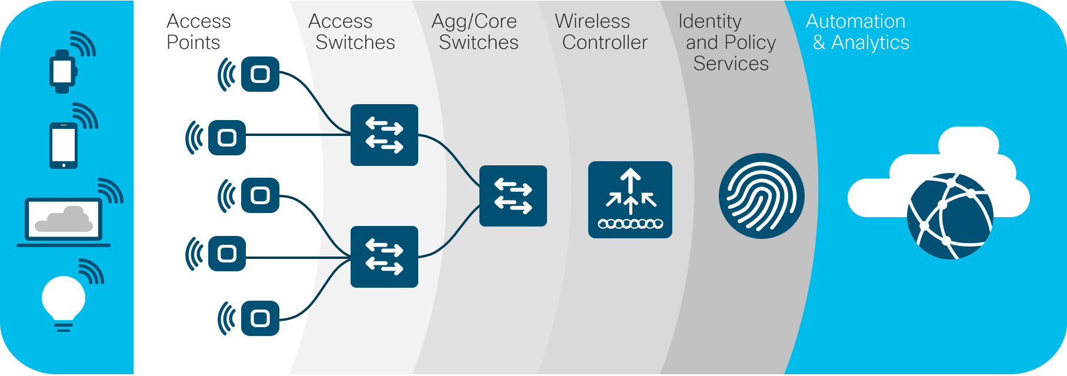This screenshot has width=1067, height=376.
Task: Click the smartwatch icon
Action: click(62, 71)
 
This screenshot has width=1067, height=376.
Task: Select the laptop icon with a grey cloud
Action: click(64, 221)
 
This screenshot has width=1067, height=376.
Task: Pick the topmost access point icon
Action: click(260, 74)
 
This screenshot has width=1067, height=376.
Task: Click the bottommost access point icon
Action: click(260, 318)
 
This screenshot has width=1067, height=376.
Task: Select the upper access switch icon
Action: click(384, 135)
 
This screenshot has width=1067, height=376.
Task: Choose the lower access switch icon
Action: click(384, 257)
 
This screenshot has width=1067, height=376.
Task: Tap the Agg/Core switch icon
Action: click(513, 196)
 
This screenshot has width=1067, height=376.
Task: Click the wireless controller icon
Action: click(630, 199)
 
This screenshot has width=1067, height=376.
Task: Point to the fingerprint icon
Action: click(761, 196)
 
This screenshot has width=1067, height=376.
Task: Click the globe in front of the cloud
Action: click(949, 217)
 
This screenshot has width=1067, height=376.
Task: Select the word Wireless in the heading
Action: click(592, 21)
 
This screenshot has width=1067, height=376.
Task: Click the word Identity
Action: click(710, 21)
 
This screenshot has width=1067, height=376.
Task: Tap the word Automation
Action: click(855, 21)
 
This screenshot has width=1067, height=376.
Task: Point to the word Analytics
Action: click(870, 42)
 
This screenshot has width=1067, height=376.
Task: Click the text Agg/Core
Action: click(474, 21)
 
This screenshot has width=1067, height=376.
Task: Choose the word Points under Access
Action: click(194, 42)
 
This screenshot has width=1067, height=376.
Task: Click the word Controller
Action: click(605, 42)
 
